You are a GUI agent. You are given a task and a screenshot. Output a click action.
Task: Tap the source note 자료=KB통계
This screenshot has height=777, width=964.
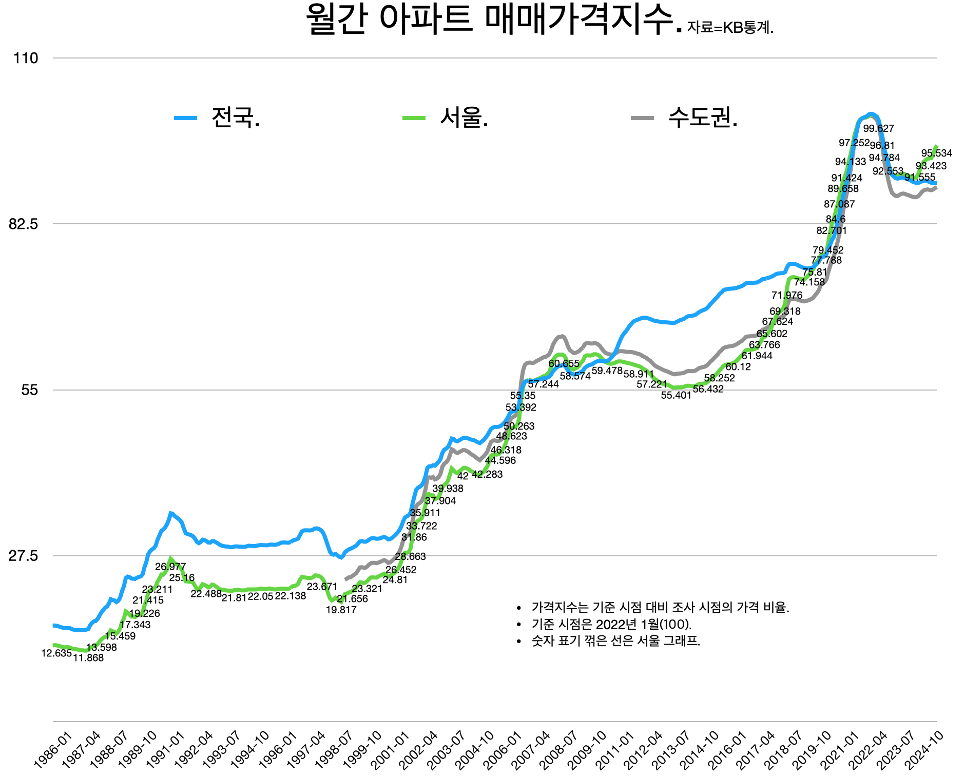pos(729,28)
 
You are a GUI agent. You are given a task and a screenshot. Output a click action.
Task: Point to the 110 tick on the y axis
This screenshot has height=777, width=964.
pos(26,58)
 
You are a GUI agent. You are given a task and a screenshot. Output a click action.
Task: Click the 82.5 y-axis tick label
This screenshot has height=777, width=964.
pos(24,224)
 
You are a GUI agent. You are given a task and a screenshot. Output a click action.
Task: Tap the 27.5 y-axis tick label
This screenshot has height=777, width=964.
pos(24,556)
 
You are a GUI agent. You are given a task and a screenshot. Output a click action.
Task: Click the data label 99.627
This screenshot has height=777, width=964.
pos(878,129)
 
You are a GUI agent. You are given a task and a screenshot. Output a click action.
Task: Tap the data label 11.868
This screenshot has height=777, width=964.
pos(88,658)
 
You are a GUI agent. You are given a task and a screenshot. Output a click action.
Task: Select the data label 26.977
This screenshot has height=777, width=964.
pos(170,567)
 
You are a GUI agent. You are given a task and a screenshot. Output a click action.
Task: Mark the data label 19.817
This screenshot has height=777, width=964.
pos(341,610)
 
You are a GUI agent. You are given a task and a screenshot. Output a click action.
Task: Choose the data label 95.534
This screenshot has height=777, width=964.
pos(936,153)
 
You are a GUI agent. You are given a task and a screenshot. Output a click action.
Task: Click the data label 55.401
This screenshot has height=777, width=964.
pos(676,395)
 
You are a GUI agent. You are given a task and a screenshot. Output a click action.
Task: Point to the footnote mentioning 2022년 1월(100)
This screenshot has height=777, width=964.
pos(611,624)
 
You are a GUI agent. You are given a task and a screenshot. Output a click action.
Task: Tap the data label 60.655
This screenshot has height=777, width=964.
pos(564,364)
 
